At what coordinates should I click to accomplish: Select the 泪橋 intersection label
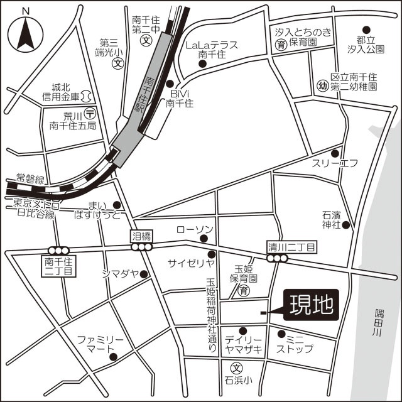click(141, 236)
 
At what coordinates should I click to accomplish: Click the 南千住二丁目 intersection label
click(60, 264)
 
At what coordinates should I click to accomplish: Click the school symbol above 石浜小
click(237, 369)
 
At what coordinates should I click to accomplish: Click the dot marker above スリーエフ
click(335, 153)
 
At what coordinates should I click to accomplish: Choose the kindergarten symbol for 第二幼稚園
click(323, 86)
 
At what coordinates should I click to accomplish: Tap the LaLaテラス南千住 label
click(210, 50)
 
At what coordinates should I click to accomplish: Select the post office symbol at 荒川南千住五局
click(90, 113)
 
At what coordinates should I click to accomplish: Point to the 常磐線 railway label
click(30, 179)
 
